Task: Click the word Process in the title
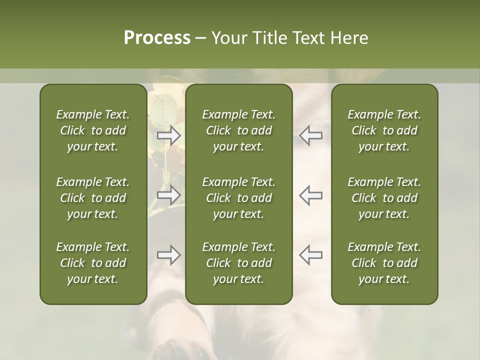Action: [x=157, y=38]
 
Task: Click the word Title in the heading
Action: [x=270, y=38]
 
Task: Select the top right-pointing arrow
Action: [x=169, y=135]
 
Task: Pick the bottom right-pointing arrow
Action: [x=169, y=255]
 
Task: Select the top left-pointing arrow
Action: [x=310, y=135]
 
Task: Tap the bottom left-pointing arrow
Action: [x=310, y=255]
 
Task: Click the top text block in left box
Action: [x=93, y=130]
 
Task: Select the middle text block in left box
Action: [x=93, y=198]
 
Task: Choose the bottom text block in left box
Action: [x=93, y=263]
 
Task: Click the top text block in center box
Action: [x=238, y=130]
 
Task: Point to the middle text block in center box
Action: [x=238, y=198]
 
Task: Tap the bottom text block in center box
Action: [x=238, y=263]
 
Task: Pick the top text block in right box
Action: [x=384, y=130]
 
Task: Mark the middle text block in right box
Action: [x=384, y=198]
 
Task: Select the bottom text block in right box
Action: [x=384, y=263]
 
